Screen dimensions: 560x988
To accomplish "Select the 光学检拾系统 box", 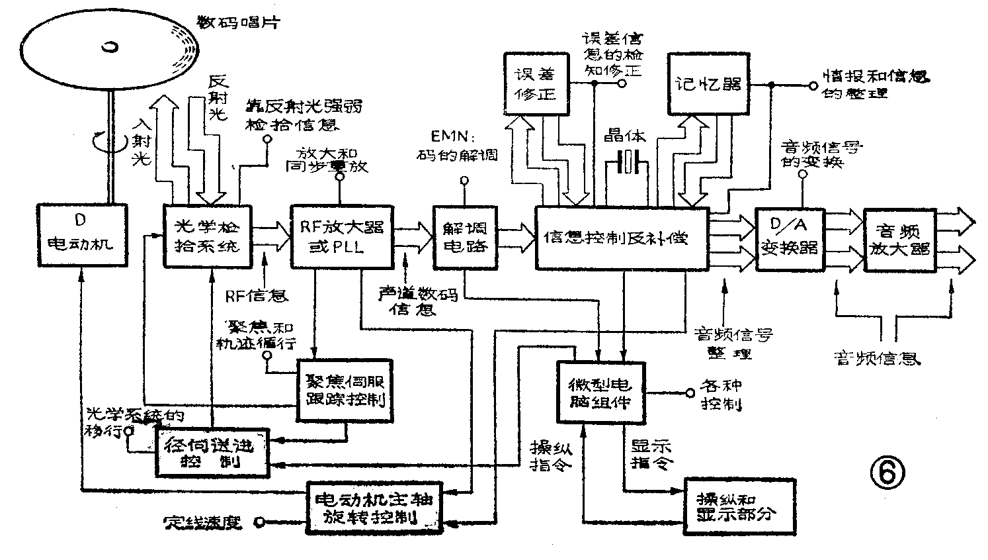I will pyautogui.click(x=208, y=235).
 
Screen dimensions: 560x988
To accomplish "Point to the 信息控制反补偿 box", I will pyautogui.click(x=622, y=238).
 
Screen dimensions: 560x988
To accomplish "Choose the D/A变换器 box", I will pyautogui.click(x=789, y=240).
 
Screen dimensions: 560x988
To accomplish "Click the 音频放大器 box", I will pyautogui.click(x=898, y=240).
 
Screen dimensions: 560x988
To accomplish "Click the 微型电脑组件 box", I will pyautogui.click(x=600, y=392).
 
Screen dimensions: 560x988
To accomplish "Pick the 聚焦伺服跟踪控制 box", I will pyautogui.click(x=345, y=391).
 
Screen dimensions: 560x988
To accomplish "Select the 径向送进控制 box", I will pyautogui.click(x=212, y=453).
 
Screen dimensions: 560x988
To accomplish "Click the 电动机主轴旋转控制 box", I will pyautogui.click(x=374, y=508).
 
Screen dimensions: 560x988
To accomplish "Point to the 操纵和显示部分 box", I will pyautogui.click(x=740, y=506).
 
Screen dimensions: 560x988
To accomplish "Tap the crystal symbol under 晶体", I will pyautogui.click(x=626, y=162).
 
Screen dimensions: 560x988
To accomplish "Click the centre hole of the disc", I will pyautogui.click(x=109, y=47).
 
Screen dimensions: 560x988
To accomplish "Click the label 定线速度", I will pyautogui.click(x=203, y=522).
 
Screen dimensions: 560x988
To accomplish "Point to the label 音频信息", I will pyautogui.click(x=876, y=357).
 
